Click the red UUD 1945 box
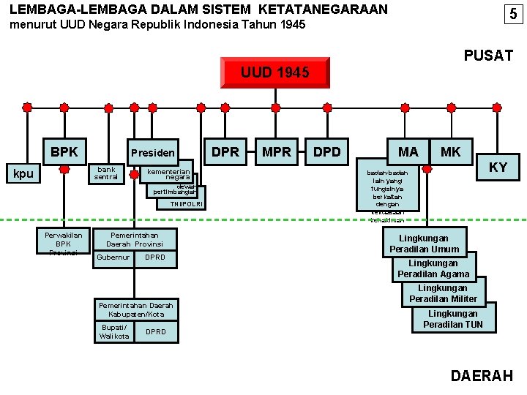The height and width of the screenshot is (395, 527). (275, 72)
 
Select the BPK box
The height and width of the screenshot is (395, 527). (64, 151)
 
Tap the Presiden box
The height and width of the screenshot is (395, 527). (153, 152)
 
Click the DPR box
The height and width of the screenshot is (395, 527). (225, 151)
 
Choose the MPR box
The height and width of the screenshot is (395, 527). (277, 151)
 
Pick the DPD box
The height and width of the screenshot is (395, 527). (327, 151)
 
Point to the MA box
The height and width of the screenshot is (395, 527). (408, 151)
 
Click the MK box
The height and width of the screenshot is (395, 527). (451, 151)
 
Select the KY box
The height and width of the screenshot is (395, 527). (498, 168)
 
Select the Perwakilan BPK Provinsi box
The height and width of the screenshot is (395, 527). (64, 242)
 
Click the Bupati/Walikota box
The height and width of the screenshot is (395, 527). (114, 331)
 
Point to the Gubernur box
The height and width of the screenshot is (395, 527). (113, 257)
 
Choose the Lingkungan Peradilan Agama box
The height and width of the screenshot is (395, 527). (433, 268)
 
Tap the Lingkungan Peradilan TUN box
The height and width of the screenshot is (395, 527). (453, 319)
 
